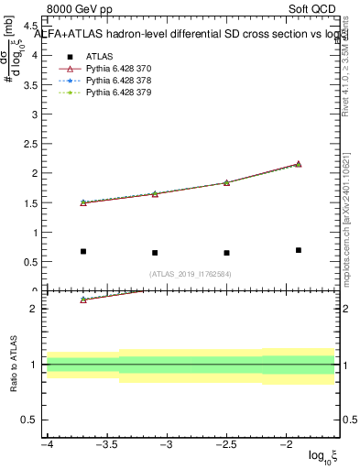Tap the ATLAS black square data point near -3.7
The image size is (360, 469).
tap(83, 251)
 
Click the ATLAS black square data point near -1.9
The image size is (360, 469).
tap(299, 250)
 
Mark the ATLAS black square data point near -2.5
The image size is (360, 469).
tap(226, 253)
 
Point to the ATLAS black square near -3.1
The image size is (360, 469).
tap(155, 253)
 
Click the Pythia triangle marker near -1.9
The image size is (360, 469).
tap(299, 164)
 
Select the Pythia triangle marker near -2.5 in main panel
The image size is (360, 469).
tap(226, 182)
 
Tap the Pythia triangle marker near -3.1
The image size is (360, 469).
tap(155, 194)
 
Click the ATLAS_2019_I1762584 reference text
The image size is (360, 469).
tap(191, 273)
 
